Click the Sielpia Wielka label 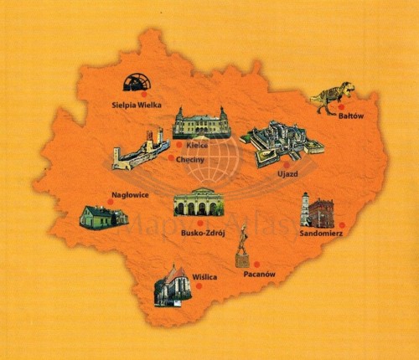[x=136, y=105]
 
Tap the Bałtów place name [x=350, y=117]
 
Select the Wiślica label [x=204, y=275]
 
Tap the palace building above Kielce [x=201, y=123]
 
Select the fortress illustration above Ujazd [x=281, y=142]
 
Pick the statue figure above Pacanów [x=242, y=248]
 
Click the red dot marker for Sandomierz [x=342, y=224]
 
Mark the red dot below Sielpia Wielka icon [x=143, y=95]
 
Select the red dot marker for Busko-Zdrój [x=199, y=223]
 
